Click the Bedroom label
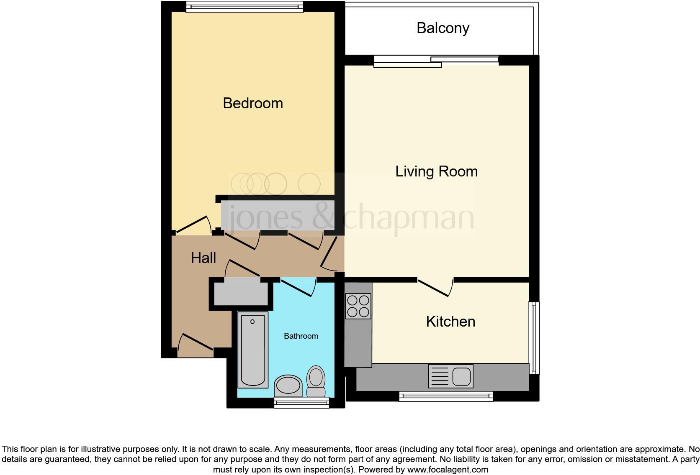pos(253,103)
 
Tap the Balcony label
pos(443,28)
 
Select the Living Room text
pos(436,171)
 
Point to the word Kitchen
pos(450,322)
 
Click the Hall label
pos(203,258)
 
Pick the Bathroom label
pos(301,336)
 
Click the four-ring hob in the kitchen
pos(358,306)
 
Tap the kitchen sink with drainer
pos(450,375)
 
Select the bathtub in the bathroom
pos(253,350)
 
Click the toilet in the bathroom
pos(316,381)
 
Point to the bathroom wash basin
pos(288,385)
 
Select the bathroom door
pos(299,287)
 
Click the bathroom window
pos(301,403)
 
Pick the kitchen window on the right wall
pos(534,338)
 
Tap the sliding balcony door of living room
pos(436,61)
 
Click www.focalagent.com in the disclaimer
pos(447,470)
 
